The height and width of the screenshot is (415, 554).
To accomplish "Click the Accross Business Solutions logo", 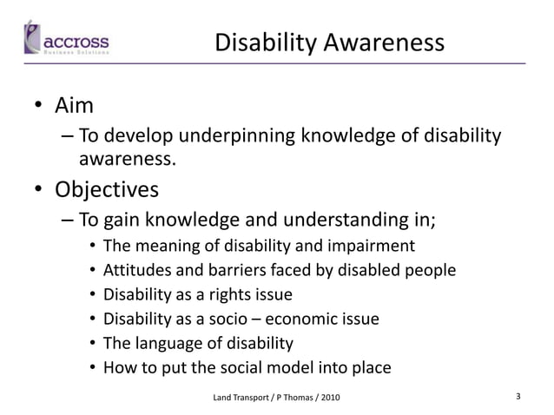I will [x=66, y=40].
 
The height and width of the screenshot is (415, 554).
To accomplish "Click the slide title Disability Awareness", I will [x=329, y=43].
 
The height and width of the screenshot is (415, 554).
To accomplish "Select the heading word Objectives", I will [x=107, y=188].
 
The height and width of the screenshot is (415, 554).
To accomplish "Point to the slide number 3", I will [x=518, y=397].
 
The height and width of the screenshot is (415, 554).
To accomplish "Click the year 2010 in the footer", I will [x=331, y=398].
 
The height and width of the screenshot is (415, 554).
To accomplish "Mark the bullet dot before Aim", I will [x=38, y=108].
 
